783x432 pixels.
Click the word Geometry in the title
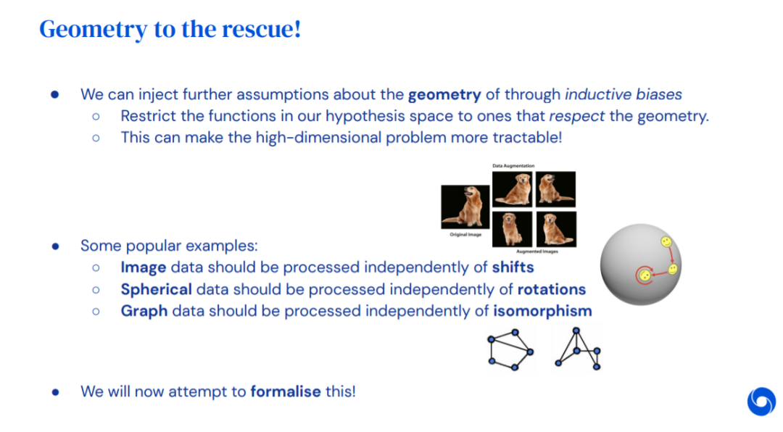tap(94, 30)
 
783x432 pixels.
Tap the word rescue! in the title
tap(262, 28)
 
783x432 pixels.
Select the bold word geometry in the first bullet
tap(444, 95)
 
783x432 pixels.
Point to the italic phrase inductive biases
tap(623, 94)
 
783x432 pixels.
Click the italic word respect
tap(577, 117)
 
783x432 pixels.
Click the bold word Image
tap(144, 267)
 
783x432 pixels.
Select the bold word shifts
tap(513, 267)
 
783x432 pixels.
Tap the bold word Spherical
tap(157, 290)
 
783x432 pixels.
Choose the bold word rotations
tap(551, 290)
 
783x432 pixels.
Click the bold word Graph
tap(144, 311)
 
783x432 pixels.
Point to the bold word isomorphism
tap(542, 311)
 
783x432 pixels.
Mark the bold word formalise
tap(286, 391)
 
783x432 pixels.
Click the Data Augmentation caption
tap(513, 166)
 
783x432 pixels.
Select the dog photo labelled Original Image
tap(465, 207)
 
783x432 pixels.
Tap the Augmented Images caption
tap(537, 252)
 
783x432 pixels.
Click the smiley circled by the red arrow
tap(645, 275)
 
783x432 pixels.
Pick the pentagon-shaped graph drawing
tap(511, 349)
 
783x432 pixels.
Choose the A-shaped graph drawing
tap(578, 349)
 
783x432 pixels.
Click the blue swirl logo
tap(761, 402)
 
